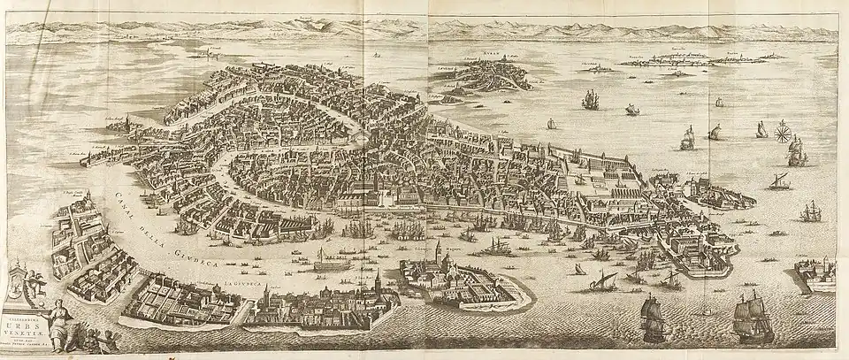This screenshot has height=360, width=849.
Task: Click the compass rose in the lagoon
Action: [x=782, y=134]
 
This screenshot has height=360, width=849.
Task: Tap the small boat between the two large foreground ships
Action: [x=705, y=311]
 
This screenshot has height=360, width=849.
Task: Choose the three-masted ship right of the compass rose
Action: [x=797, y=153]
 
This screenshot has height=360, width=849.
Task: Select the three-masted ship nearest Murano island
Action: [x=590, y=99]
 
